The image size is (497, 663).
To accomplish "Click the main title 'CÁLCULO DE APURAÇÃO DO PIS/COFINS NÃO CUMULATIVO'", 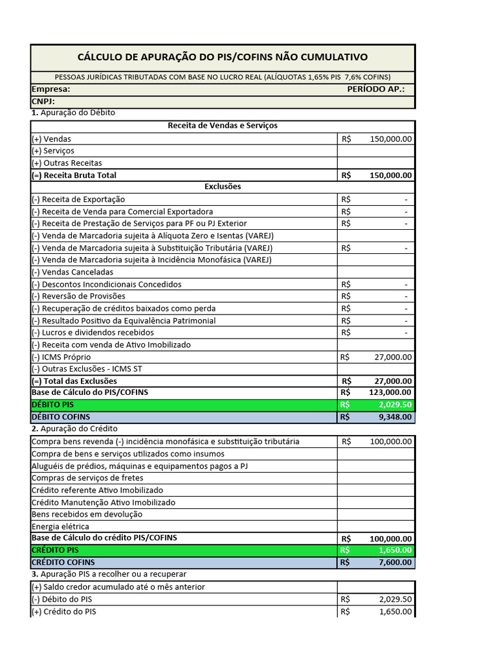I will click(223, 57).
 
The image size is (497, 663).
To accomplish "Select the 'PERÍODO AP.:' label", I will click(375, 89).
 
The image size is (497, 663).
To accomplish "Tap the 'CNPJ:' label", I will click(43, 101).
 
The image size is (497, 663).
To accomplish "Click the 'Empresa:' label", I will click(50, 89).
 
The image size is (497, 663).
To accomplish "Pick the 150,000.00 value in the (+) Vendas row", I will click(390, 139).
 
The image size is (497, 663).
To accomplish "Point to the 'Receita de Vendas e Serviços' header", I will click(223, 126).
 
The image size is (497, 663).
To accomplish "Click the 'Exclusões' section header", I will click(223, 186).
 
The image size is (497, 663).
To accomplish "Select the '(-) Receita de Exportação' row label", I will click(78, 199).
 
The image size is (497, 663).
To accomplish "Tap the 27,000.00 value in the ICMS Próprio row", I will click(393, 357).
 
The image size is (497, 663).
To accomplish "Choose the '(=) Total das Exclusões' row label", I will click(74, 381).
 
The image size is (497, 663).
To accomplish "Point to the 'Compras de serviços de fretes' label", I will click(87, 478).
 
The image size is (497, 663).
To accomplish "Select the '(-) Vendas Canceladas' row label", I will click(72, 272).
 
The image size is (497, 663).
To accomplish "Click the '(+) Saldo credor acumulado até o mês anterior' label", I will click(118, 587).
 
